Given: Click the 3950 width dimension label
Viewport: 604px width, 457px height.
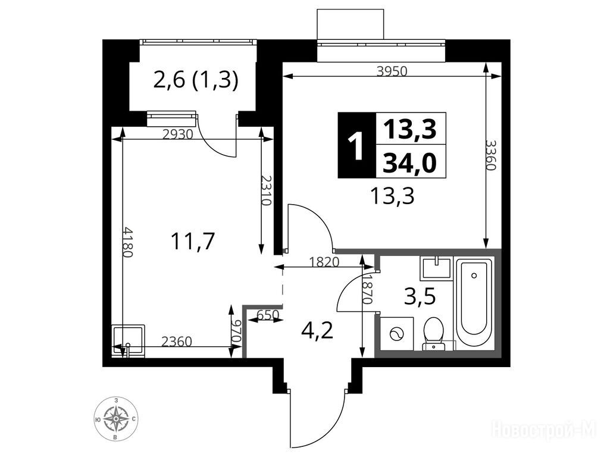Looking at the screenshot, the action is pyautogui.click(x=392, y=71).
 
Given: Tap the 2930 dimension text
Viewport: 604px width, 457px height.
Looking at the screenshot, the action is pyautogui.click(x=177, y=134).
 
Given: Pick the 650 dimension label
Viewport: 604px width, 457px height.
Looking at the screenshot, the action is pyautogui.click(x=267, y=315).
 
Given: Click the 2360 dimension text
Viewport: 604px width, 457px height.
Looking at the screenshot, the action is pyautogui.click(x=176, y=342).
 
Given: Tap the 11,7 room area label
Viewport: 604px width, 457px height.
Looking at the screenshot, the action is pyautogui.click(x=192, y=242).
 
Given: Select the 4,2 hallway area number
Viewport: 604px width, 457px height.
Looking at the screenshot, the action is pyautogui.click(x=318, y=330).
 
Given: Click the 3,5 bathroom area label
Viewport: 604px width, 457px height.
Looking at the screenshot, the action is pyautogui.click(x=420, y=297).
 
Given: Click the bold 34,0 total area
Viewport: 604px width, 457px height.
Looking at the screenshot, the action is pyautogui.click(x=411, y=162).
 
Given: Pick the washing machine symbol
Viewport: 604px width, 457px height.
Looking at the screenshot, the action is pyautogui.click(x=396, y=334).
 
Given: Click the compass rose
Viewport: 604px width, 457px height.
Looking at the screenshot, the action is pyautogui.click(x=116, y=419).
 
